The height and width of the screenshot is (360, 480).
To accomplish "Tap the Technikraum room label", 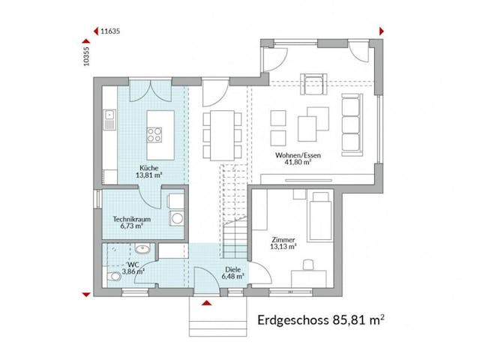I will click(x=132, y=222).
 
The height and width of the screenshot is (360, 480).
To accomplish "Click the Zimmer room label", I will click(x=283, y=241).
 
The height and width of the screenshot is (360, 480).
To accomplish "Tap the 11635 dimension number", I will click(x=110, y=31).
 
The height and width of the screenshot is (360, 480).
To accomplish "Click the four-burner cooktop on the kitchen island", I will click(x=155, y=135).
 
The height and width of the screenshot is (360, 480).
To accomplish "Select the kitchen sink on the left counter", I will click(x=109, y=115).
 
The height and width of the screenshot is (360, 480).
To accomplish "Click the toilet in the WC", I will click(x=114, y=277).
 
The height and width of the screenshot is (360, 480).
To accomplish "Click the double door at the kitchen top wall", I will click(x=142, y=94).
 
